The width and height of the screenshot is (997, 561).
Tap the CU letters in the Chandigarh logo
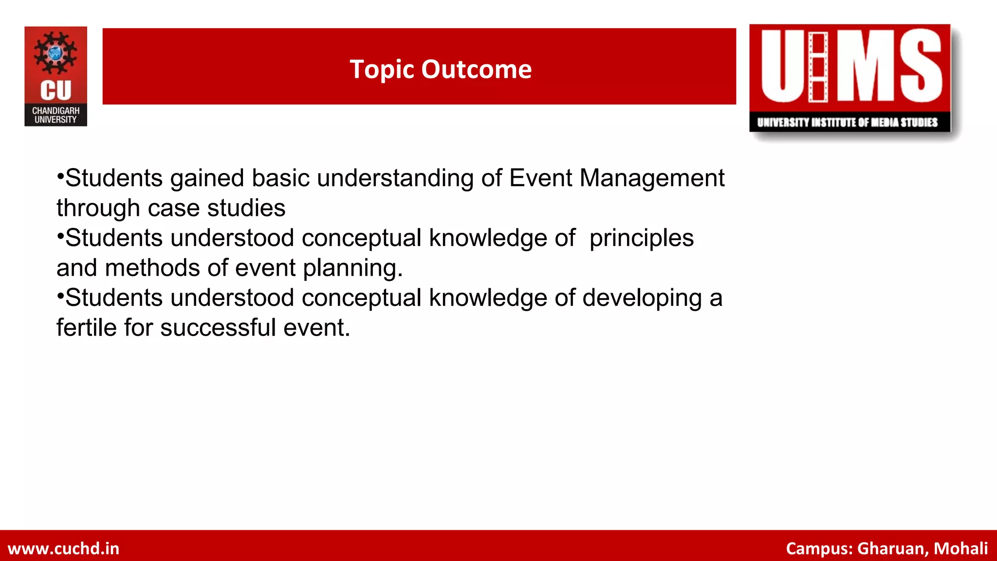tap(55, 91)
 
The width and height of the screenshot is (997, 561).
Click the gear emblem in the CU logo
tap(55, 53)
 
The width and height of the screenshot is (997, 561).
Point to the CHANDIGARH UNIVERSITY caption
tap(55, 115)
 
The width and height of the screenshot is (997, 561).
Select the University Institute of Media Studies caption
tap(847, 122)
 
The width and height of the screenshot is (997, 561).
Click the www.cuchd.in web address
tap(64, 548)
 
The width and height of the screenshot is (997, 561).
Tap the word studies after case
tap(246, 208)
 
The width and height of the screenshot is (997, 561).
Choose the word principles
tap(641, 239)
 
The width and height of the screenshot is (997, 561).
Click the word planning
tap(352, 268)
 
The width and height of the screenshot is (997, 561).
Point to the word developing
tap(642, 298)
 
